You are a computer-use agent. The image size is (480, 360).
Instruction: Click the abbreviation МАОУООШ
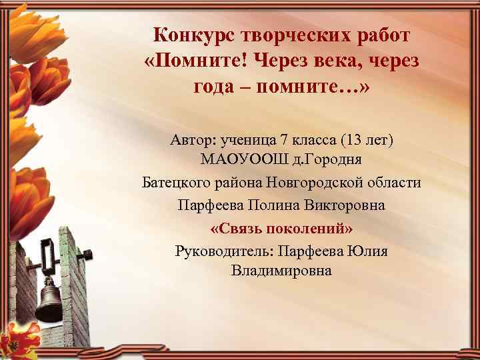coord(239,161)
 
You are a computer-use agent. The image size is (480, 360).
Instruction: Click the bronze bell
coord(48,301)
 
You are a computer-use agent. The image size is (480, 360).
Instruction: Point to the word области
coord(395,183)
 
